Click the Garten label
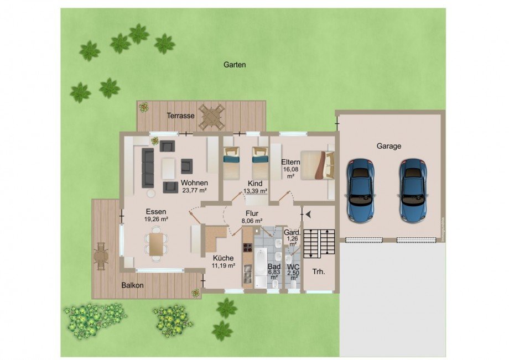[x=235, y=65]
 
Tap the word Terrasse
[x=180, y=116]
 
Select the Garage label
[x=388, y=147]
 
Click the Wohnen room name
[x=194, y=183]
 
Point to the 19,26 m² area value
[x=156, y=219]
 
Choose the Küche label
[x=223, y=258]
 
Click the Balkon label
[x=132, y=285]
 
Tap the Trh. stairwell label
[x=319, y=272]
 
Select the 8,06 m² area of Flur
[x=252, y=221]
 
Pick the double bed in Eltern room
[x=318, y=165]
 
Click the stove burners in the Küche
[x=248, y=247]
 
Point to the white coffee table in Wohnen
[x=169, y=168]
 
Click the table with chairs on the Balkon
[x=101, y=256]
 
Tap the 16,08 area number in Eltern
[x=290, y=169]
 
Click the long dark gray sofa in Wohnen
[x=148, y=168]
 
